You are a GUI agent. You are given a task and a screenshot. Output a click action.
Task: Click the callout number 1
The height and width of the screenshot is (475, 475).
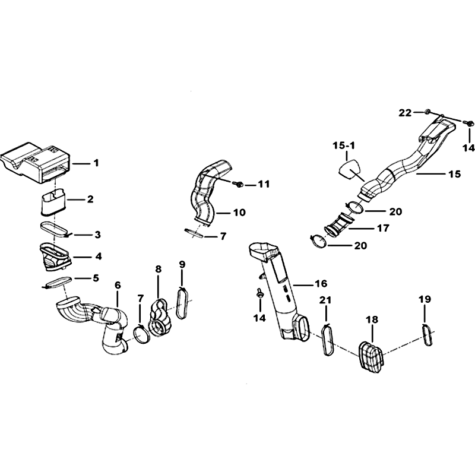coord(96,163)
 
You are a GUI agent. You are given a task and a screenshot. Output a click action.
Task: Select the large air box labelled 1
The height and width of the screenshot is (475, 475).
coord(36,163)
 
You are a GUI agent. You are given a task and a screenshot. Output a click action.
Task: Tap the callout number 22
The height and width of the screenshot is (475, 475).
coord(405,113)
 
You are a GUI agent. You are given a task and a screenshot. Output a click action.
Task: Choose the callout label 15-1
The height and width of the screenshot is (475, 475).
coord(344,145)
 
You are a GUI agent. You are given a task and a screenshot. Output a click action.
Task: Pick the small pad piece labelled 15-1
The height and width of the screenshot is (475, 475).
coord(350,170)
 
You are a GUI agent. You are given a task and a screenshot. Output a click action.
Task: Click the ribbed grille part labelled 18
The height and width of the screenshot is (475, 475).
coord(371,357)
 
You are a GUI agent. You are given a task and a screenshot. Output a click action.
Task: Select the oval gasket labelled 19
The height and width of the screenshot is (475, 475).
coord(427,335)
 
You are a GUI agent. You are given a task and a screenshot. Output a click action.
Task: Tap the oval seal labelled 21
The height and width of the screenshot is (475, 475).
coord(327,339)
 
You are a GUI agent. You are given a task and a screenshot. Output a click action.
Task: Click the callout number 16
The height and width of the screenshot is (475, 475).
coord(321,284)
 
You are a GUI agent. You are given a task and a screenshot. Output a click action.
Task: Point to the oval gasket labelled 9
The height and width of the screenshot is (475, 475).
coord(182,303)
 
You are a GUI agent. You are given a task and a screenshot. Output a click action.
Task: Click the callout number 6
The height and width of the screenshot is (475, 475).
coord(118,285)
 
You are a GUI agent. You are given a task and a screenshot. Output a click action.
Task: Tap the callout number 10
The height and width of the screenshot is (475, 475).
coord(239,213)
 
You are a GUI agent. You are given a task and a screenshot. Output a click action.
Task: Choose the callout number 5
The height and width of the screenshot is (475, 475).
coord(96,278)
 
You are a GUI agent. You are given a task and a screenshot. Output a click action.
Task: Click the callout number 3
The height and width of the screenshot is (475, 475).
coord(97,235)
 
